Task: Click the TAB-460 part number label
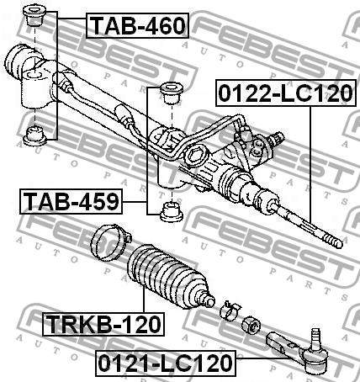tap(137, 25)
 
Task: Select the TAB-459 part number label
tap(71, 201)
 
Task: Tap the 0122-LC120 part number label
tap(285, 93)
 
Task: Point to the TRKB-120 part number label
tap(103, 324)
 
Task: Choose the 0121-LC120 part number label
tap(166, 363)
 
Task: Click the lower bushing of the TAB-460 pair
tap(35, 136)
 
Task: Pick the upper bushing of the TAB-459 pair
tap(171, 93)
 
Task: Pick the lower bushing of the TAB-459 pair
tap(171, 212)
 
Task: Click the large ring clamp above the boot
tap(110, 241)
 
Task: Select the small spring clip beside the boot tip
tap(230, 310)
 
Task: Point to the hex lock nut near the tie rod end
tap(251, 325)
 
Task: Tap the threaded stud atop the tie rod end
tap(316, 337)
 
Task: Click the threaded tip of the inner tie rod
tap(333, 241)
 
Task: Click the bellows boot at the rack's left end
tap(18, 63)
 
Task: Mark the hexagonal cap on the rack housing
tap(197, 156)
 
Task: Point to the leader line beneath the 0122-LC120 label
tap(310, 165)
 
